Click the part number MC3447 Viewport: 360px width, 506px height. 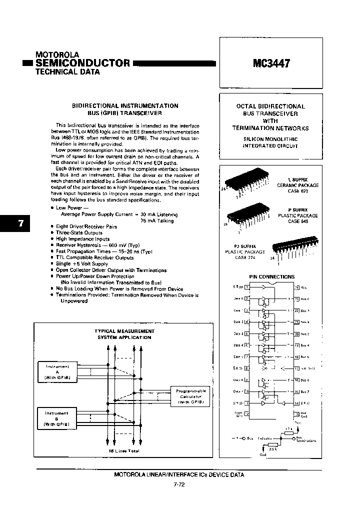click(x=270, y=63)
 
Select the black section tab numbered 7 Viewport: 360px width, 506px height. click(x=20, y=223)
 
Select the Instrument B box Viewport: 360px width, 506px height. click(x=57, y=418)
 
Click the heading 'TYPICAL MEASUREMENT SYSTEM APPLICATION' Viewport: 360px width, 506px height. click(x=124, y=334)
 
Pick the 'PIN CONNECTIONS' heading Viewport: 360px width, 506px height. click(x=271, y=276)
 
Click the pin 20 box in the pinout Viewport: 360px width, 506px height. click(x=296, y=333)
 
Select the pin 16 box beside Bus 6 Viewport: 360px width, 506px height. click(x=296, y=380)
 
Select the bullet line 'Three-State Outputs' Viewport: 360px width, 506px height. click(x=79, y=232)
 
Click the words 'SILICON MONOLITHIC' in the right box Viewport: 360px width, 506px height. click(x=270, y=139)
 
